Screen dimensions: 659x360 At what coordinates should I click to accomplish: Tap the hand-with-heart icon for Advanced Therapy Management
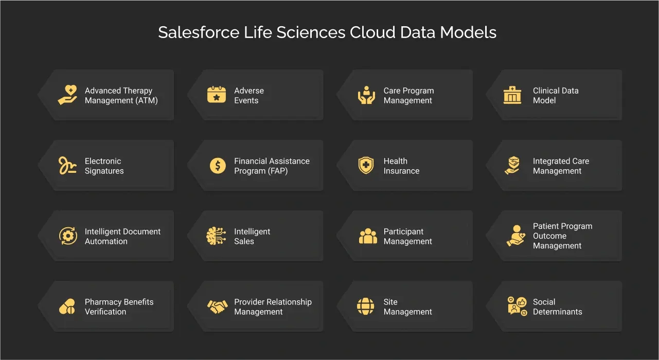pos(67,95)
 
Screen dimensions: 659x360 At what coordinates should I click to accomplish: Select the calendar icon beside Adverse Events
pos(217,95)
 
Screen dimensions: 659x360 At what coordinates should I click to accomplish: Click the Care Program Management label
pos(408,96)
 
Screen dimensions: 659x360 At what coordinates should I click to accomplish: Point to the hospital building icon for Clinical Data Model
pos(512,95)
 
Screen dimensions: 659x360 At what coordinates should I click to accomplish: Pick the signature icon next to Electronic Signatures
pos(67,166)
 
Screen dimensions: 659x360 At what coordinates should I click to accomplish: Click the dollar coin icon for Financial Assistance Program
pos(218,166)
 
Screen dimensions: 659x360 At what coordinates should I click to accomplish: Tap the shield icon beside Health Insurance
pos(366,166)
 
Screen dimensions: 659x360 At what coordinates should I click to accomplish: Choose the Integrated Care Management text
pos(561,166)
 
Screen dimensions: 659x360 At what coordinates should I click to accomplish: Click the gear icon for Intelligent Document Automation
pos(68,236)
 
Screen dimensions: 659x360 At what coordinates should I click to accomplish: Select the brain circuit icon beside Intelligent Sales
pos(217,236)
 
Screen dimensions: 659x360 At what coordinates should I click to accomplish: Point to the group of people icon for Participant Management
pos(368,236)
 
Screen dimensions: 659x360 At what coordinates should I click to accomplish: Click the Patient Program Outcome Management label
pos(562,236)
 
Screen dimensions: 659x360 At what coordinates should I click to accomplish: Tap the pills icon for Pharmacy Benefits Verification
pos(67,307)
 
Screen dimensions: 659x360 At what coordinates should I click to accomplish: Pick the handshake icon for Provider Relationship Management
pos(217,307)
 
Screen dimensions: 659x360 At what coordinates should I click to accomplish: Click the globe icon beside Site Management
pos(366,307)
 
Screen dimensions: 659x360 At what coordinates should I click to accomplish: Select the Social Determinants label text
pos(557,307)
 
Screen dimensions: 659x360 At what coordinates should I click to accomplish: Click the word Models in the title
pos(472,32)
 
